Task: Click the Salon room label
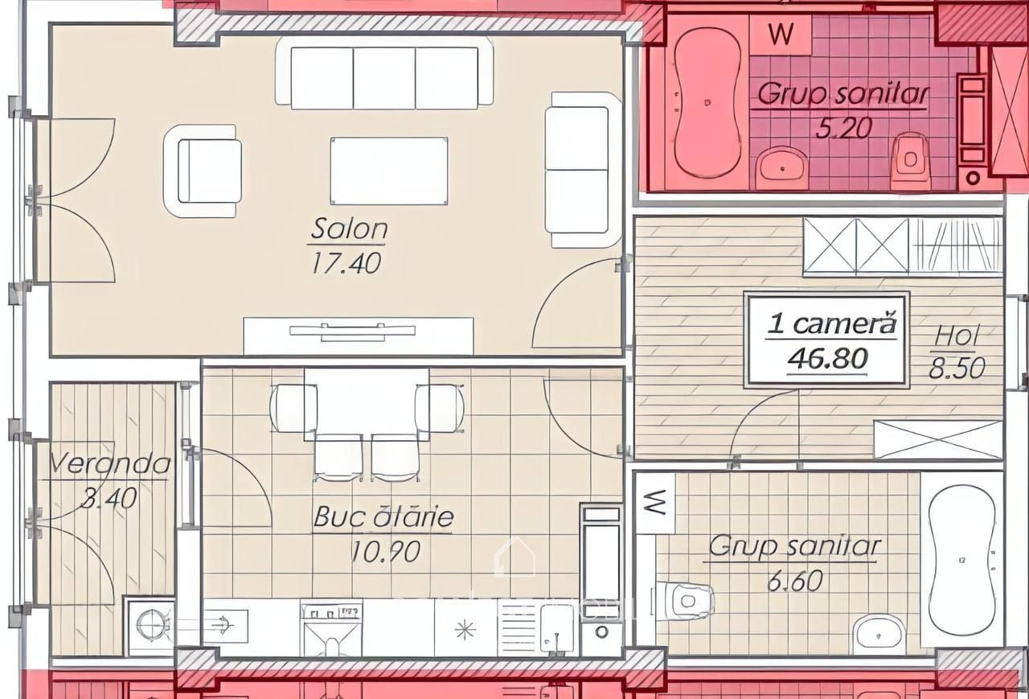click(x=349, y=228)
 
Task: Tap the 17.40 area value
click(x=346, y=263)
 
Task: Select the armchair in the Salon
click(x=203, y=171)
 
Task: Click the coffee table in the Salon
click(x=388, y=171)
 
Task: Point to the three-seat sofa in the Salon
click(x=384, y=73)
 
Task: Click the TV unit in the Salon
click(x=359, y=336)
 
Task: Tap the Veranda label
click(x=109, y=463)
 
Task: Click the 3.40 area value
click(x=109, y=498)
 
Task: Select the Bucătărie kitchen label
click(x=383, y=516)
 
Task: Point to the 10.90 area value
click(x=385, y=551)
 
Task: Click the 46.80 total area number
click(x=828, y=359)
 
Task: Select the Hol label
click(x=957, y=335)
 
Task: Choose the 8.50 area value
click(x=957, y=368)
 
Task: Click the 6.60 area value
click(x=795, y=581)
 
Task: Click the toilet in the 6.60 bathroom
click(x=683, y=601)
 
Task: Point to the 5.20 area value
click(x=843, y=128)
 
